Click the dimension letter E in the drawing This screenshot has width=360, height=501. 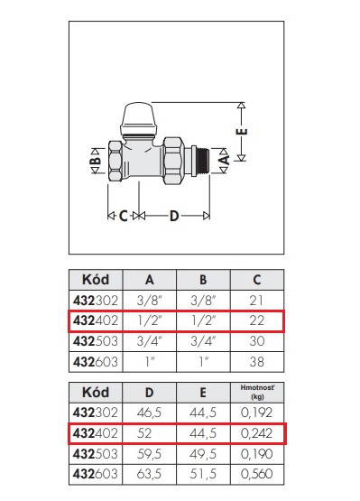pyautogui.click(x=244, y=132)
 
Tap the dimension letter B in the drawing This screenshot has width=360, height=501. pyautogui.click(x=96, y=161)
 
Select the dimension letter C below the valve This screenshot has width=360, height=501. pyautogui.click(x=124, y=217)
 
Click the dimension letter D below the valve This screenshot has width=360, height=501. pyautogui.click(x=174, y=217)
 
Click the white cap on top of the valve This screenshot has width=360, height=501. pyautogui.click(x=139, y=118)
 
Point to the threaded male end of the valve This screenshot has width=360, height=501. pyautogui.click(x=202, y=161)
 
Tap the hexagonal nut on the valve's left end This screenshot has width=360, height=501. pyautogui.click(x=115, y=161)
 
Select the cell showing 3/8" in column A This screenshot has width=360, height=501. pyautogui.click(x=150, y=301)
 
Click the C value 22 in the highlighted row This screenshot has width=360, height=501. pyautogui.click(x=257, y=320)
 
